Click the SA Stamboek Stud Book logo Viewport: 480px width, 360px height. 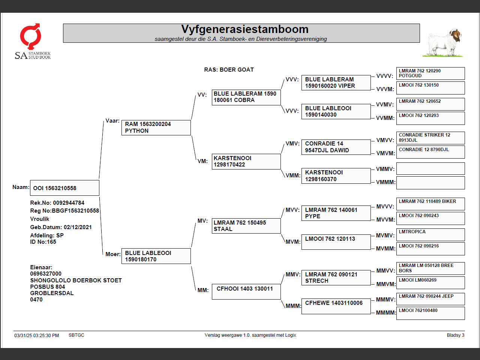(x=32, y=41)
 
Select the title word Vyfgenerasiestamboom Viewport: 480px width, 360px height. (x=244, y=29)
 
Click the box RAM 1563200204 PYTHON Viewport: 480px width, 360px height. (x=156, y=127)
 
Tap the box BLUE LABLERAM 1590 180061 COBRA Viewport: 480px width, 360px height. (x=246, y=97)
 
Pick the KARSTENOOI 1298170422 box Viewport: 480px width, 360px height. (x=246, y=162)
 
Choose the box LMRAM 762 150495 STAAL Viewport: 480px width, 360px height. (x=246, y=226)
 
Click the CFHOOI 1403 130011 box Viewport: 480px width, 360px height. (x=246, y=292)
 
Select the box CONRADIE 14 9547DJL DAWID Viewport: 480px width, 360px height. (x=336, y=147)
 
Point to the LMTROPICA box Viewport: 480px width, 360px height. (x=430, y=234)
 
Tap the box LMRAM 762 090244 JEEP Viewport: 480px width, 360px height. (x=430, y=299)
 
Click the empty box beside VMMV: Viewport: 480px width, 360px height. (x=430, y=169)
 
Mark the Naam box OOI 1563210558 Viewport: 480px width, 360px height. (x=64, y=188)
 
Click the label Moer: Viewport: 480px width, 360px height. (x=113, y=254)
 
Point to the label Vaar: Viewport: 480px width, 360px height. (x=112, y=121)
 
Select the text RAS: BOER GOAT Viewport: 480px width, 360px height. (x=229, y=70)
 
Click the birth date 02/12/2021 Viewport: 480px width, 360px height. (x=78, y=227)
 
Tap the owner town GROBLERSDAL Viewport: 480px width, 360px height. (x=52, y=293)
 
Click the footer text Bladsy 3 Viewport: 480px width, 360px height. (x=455, y=335)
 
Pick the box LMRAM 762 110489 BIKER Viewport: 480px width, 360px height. (x=430, y=204)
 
